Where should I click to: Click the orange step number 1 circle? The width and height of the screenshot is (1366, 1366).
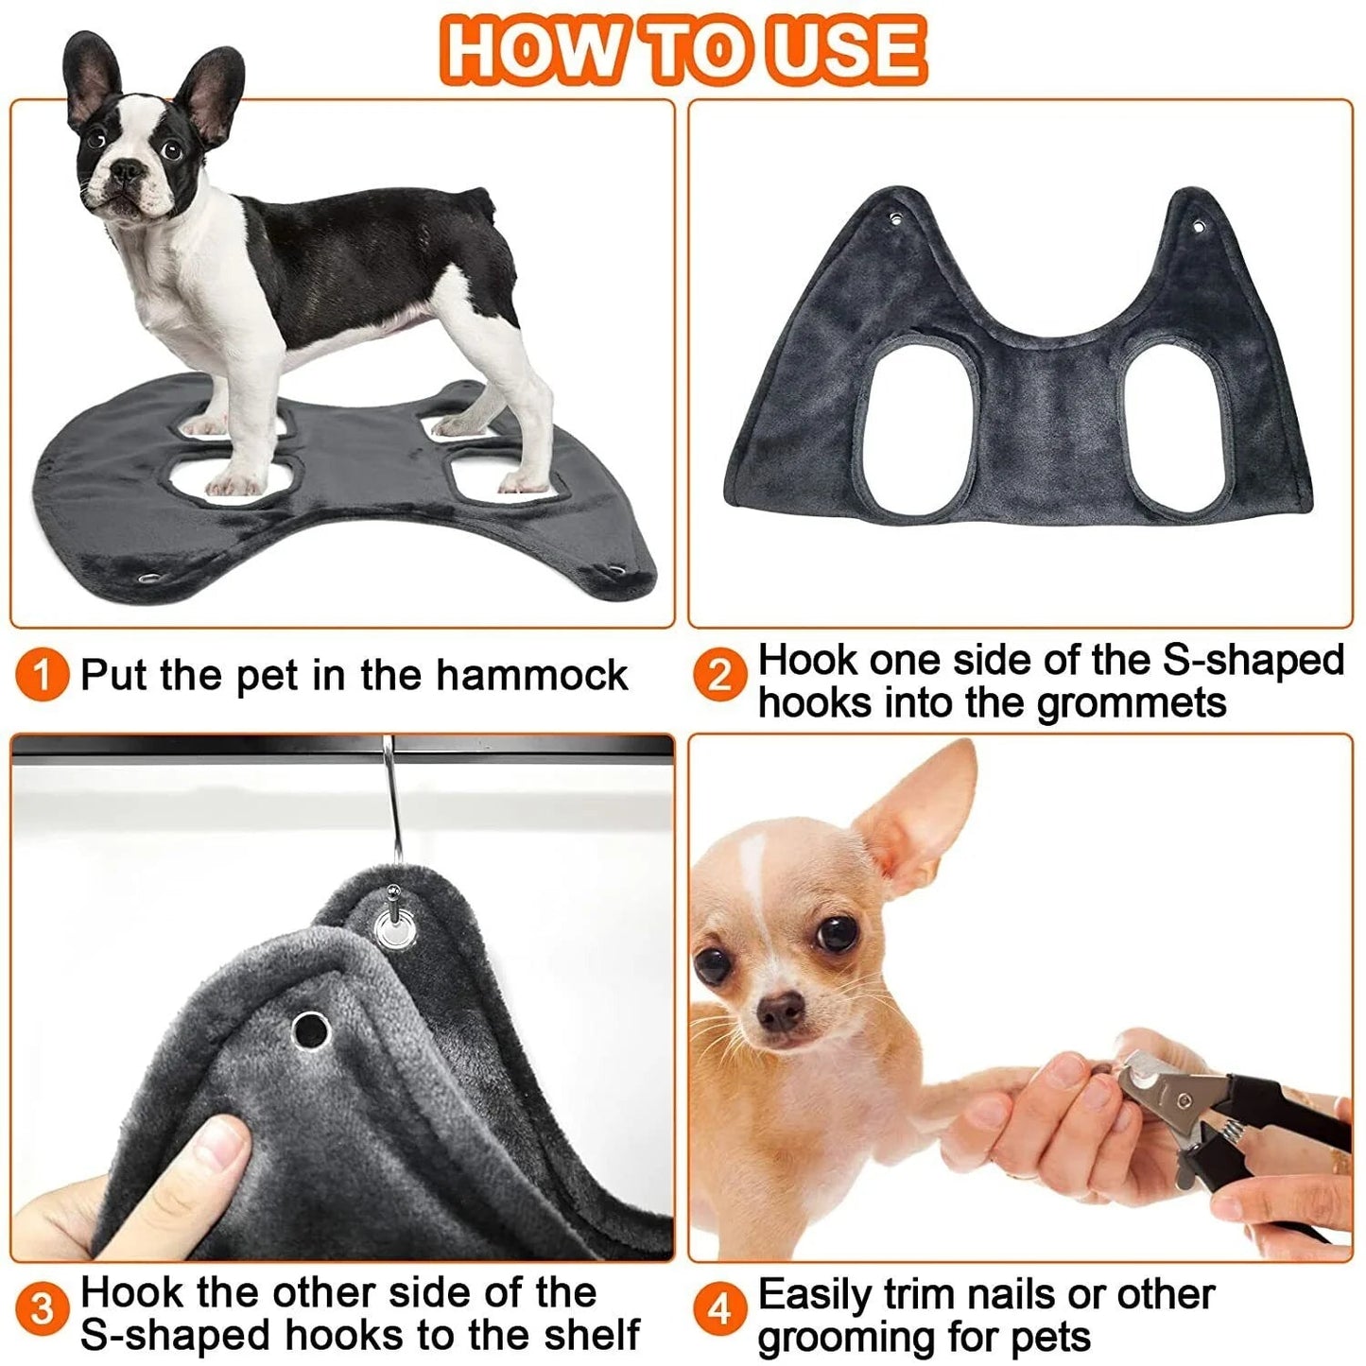tap(42, 676)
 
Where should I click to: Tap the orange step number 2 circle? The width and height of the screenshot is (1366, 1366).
tap(719, 677)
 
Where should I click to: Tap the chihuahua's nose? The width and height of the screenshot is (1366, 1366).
tap(781, 1012)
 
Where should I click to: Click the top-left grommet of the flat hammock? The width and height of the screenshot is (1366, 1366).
tap(895, 220)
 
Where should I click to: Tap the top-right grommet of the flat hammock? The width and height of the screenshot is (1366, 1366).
tap(1198, 227)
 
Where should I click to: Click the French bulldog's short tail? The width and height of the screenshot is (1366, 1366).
tap(486, 199)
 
